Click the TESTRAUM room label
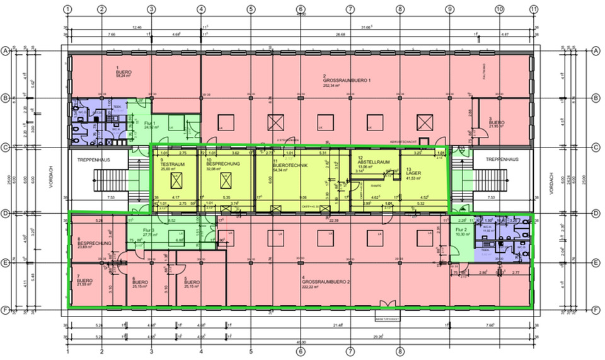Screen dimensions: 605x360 pyautogui.click(x=168, y=165)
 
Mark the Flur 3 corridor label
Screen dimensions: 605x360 pyautogui.click(x=149, y=230)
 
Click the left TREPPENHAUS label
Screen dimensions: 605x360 pyautogui.click(x=94, y=160)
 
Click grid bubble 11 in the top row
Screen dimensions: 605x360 pyautogui.click(x=533, y=10)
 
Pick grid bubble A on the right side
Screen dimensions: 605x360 pyautogui.click(x=595, y=50)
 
